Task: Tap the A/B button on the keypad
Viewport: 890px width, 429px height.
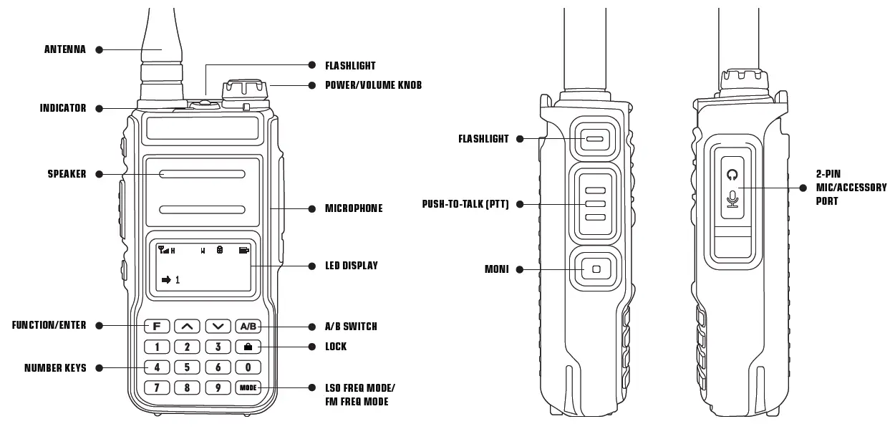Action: (x=248, y=326)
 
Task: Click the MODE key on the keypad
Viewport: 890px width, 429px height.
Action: (x=248, y=388)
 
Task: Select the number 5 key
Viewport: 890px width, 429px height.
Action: (x=187, y=367)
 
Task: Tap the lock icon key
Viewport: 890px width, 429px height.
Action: (x=248, y=347)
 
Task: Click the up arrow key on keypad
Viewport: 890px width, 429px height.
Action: (x=187, y=326)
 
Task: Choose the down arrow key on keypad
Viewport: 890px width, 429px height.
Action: (x=218, y=326)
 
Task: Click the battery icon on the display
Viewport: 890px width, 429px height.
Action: (x=244, y=250)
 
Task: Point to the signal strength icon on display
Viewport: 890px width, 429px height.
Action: (x=163, y=250)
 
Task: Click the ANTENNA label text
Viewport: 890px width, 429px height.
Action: (x=65, y=50)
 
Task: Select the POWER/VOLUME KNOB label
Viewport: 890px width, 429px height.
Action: (x=373, y=85)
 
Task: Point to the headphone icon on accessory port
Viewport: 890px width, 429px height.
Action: (x=732, y=174)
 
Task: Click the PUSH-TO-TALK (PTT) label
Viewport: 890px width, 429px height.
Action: (x=465, y=204)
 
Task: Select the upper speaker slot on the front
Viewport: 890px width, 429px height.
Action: (x=202, y=174)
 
